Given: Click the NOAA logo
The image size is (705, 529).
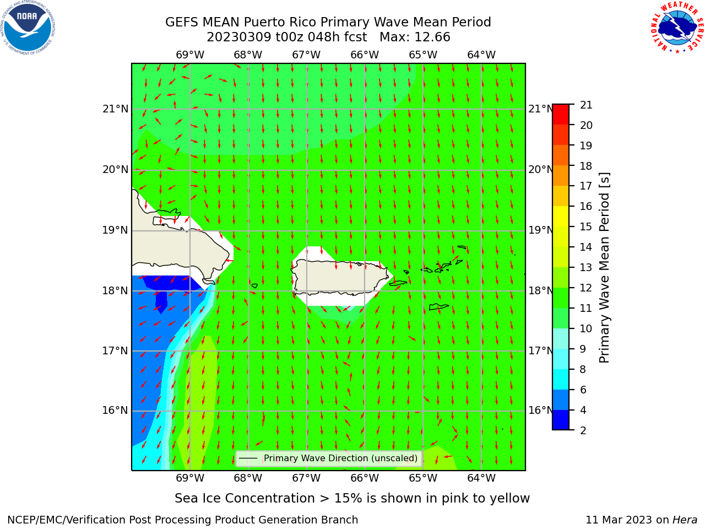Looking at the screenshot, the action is (x=28, y=28).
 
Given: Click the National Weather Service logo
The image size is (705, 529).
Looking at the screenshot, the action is (x=677, y=27).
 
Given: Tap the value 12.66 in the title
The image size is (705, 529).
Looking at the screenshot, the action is (x=432, y=37).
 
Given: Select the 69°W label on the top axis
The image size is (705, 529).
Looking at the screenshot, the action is (x=190, y=55).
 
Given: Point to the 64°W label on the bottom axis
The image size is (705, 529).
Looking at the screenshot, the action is (x=481, y=478).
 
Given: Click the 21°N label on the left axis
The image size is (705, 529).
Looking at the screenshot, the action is (x=115, y=109).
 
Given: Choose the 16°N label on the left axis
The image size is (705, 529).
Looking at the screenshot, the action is (x=115, y=410).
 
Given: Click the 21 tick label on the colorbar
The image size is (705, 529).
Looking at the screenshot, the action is (x=586, y=105).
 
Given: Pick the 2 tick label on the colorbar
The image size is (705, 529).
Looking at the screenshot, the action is (x=583, y=430).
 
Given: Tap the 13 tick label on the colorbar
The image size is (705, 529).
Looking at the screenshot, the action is (x=586, y=267).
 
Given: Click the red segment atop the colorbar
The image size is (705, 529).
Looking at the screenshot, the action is (x=561, y=114).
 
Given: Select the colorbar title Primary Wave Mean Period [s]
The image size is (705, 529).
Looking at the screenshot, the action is (x=604, y=268).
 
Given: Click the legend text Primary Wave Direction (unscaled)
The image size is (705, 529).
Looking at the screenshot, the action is (x=340, y=458).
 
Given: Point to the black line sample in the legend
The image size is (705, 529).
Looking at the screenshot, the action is (x=248, y=458).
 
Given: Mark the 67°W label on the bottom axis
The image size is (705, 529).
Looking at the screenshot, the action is (x=306, y=478).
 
